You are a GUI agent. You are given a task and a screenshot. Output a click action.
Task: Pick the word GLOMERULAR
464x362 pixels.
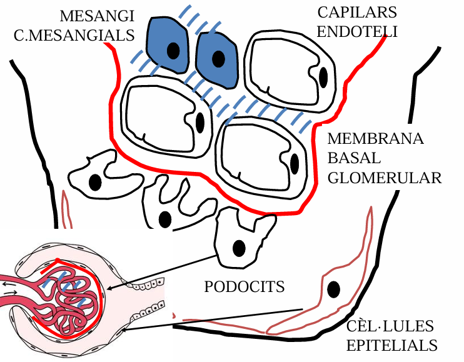tap(385, 178)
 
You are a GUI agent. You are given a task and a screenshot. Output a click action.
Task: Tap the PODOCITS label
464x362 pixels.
tap(245, 287)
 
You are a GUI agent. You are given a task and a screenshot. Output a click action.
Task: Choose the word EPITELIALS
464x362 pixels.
tap(391, 345)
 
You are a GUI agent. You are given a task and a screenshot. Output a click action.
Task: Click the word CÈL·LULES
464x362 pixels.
tap(390, 326)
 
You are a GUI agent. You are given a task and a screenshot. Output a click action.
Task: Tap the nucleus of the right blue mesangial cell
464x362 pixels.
tap(218, 59)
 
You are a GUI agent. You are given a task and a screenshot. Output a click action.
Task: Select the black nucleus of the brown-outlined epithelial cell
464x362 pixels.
tap(334, 289)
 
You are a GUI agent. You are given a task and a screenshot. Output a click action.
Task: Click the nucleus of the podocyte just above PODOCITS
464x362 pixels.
tap(238, 248)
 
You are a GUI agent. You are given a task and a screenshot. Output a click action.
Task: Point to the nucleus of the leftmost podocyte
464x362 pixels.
tap(95, 182)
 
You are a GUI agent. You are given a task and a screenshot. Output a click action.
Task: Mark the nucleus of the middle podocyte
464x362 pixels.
tap(165, 219)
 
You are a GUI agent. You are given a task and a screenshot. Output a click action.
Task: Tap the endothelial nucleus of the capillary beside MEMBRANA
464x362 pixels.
tap(295, 164)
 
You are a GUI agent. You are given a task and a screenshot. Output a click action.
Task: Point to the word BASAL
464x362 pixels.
tap(352, 158)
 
